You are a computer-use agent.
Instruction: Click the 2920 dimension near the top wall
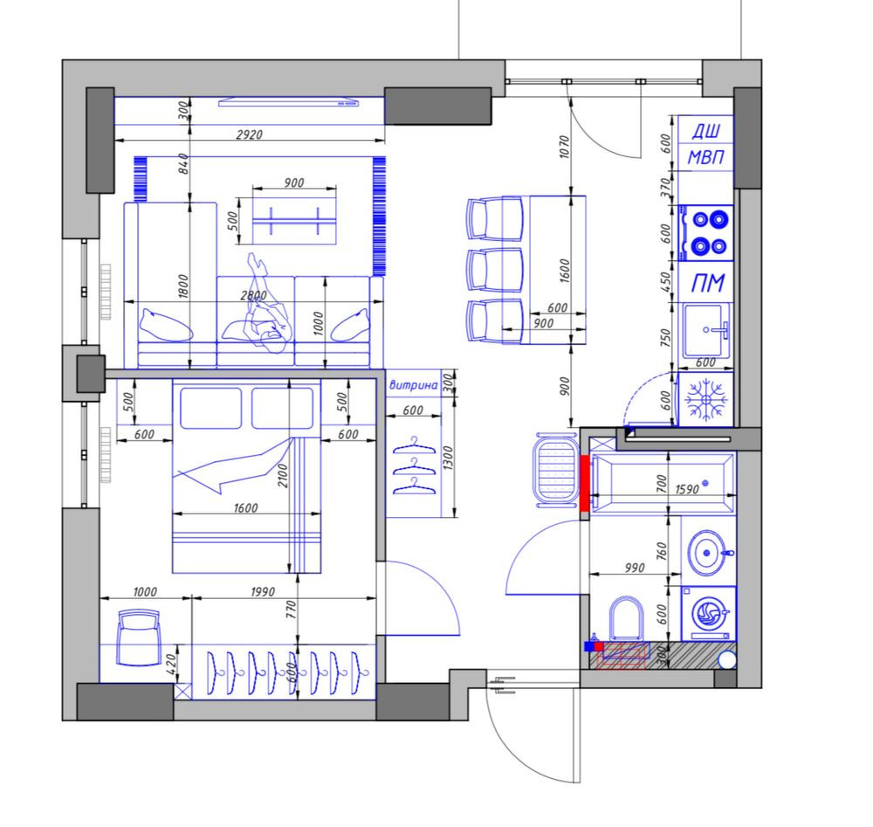tap(249, 134)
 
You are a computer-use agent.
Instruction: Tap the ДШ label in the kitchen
tap(706, 131)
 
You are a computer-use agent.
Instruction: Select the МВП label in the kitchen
tap(706, 157)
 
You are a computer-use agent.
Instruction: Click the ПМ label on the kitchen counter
tap(708, 283)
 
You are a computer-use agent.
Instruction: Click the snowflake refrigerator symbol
tap(706, 399)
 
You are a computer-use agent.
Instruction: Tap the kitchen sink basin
tap(706, 330)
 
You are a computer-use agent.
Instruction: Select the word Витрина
tap(413, 385)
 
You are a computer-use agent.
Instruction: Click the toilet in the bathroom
tap(626, 618)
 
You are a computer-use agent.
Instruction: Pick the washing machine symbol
tap(709, 613)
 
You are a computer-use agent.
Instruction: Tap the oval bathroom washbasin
tap(706, 553)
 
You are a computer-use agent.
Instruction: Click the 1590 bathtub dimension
tap(686, 489)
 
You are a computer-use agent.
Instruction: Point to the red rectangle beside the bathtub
tap(585, 483)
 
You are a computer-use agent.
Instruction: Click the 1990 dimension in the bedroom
tap(262, 591)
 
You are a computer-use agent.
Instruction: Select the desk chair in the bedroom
tap(139, 637)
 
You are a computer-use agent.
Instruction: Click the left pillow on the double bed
tap(211, 408)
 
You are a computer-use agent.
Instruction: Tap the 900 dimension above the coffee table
tap(294, 183)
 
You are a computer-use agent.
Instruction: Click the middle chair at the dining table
tap(495, 270)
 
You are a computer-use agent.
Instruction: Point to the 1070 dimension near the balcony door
tap(565, 147)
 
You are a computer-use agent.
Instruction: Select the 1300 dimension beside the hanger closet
tap(449, 458)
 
